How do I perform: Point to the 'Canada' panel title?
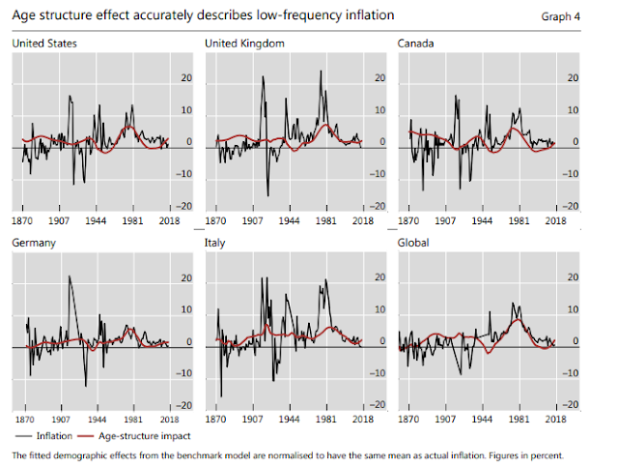point(416,44)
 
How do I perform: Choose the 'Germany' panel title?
point(35,243)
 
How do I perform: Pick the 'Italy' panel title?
point(215,243)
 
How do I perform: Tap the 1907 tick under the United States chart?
point(61,220)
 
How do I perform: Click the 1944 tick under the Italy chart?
point(290,421)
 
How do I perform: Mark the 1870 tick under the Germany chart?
point(24,421)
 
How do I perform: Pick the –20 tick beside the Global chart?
point(571,405)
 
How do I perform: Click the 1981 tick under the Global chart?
point(520,421)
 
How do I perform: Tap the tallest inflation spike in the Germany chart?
point(69,277)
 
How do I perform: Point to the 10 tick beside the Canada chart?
point(572,111)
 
